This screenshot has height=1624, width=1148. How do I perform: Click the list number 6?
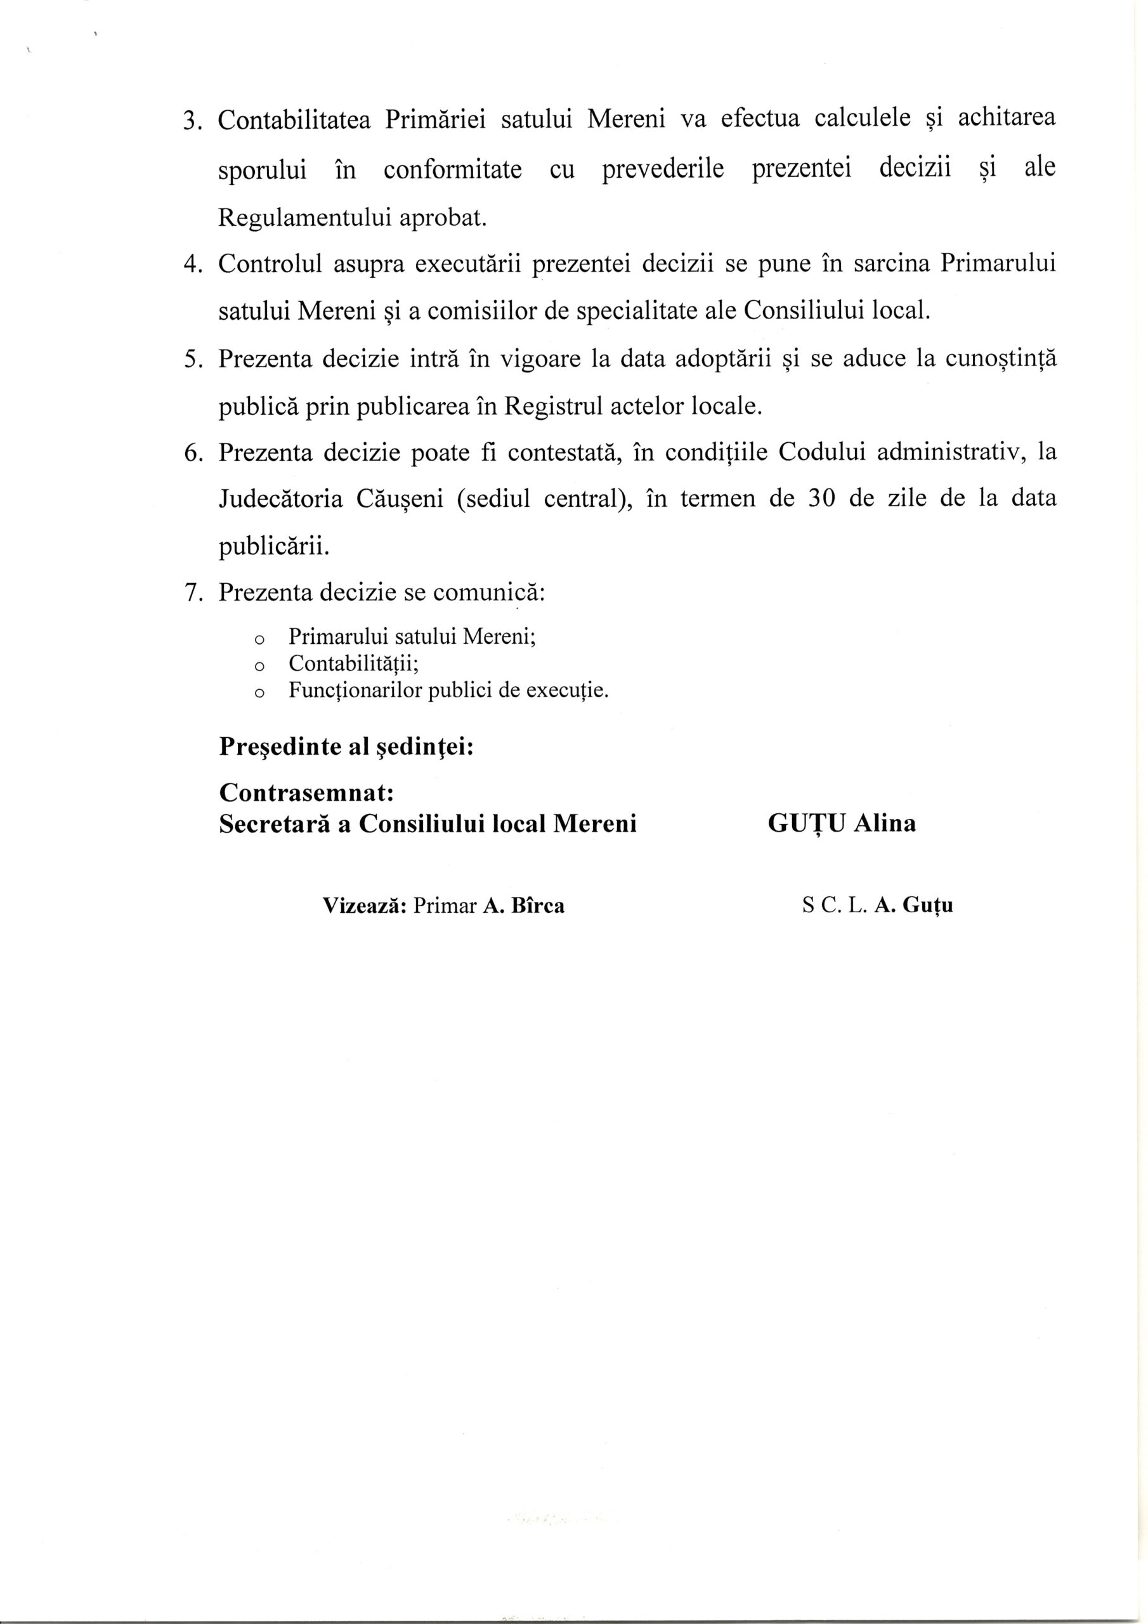tap(189, 453)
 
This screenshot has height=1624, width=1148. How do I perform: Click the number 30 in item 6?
tap(821, 499)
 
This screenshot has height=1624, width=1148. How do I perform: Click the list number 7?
tap(189, 591)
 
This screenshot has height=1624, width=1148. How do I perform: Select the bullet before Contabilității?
tap(258, 666)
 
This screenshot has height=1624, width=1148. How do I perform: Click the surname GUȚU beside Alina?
tap(806, 824)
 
